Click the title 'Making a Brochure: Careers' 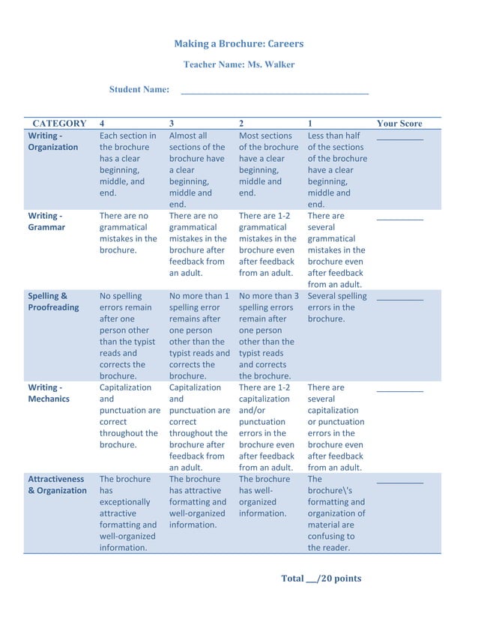tap(239, 43)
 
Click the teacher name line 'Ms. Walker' tap(239, 65)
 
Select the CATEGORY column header tap(59, 124)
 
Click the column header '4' tap(103, 124)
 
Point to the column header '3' tap(172, 124)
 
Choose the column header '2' tap(241, 124)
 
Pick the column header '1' tap(310, 124)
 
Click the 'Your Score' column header tap(399, 124)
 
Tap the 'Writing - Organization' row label tap(52, 142)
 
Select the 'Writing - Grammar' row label tap(46, 221)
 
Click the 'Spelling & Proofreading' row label tap(53, 301)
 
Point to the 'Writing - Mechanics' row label tap(49, 393)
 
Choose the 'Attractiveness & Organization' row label tap(57, 484)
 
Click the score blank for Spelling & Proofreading tap(399, 299)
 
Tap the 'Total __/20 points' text tap(321, 579)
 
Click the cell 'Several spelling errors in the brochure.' tap(336, 307)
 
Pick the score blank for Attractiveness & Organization tap(399, 482)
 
